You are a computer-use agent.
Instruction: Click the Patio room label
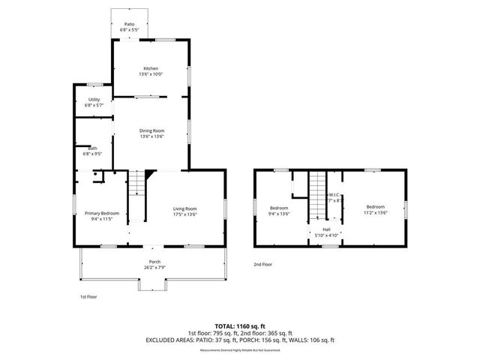[x=129, y=25]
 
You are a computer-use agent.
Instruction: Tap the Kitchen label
[x=151, y=68]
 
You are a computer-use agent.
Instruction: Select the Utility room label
[x=94, y=99]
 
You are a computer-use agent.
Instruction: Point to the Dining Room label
[x=151, y=130]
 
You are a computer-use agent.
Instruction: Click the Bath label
[x=92, y=148]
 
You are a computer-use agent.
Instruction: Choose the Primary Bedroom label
[x=101, y=214]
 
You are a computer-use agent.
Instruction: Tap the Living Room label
[x=184, y=208]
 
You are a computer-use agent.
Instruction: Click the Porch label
[x=154, y=262]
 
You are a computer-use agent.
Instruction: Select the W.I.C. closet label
[x=335, y=194]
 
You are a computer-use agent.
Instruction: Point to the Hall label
[x=326, y=229]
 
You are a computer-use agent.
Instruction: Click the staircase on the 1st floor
[x=137, y=184]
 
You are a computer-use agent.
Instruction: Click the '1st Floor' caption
[x=88, y=297]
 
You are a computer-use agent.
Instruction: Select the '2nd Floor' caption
[x=262, y=264]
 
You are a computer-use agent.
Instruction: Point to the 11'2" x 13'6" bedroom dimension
[x=375, y=213]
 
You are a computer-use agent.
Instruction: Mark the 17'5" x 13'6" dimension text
[x=184, y=214]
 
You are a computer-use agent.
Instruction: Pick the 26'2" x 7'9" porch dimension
[x=154, y=268]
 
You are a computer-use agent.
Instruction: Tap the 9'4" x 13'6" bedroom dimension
[x=279, y=213]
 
